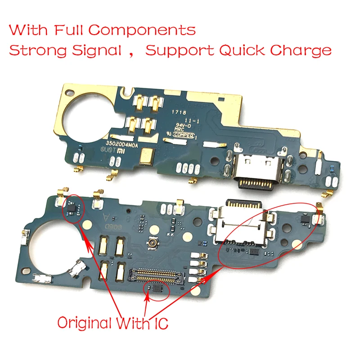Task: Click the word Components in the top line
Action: coord(142,31)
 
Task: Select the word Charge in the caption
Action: coord(301,50)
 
